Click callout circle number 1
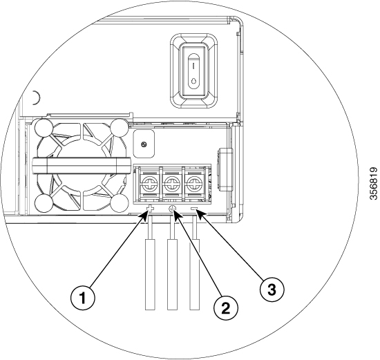[x=83, y=297]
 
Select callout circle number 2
[x=226, y=308]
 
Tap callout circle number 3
[x=272, y=290]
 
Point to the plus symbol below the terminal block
[x=150, y=209]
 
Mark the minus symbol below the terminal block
[x=195, y=208]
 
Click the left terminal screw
[x=149, y=183]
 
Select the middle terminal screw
[x=172, y=183]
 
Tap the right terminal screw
[x=194, y=183]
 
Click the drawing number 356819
[x=374, y=183]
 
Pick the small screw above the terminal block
[x=144, y=144]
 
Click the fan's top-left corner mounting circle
[x=44, y=128]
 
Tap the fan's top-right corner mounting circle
[x=120, y=128]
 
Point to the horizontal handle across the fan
[x=82, y=166]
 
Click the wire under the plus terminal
[x=150, y=263]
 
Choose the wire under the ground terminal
[x=172, y=263]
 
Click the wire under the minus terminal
[x=195, y=263]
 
